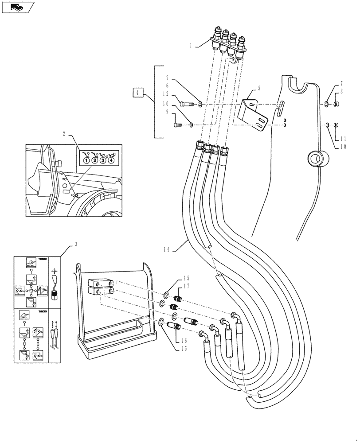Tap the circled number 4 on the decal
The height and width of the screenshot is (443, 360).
[111, 160]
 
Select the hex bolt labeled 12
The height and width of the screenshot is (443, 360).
[187, 105]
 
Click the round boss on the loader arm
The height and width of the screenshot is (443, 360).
[317, 158]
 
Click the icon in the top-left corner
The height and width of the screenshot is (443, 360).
[17, 7]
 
